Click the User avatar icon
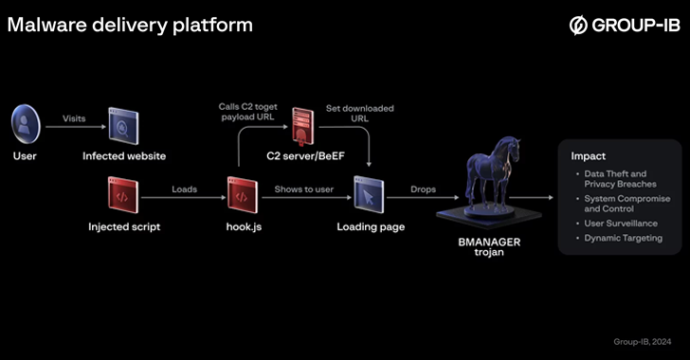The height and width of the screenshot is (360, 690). (x=26, y=123)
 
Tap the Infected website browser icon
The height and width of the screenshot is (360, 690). (x=123, y=124)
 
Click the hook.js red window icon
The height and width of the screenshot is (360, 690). (x=241, y=194)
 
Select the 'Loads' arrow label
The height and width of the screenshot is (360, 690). (x=184, y=189)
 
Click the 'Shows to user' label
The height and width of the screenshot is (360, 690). (x=304, y=189)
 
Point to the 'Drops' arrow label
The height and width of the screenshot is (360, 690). (x=423, y=189)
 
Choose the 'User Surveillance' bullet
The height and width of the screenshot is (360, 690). (x=620, y=223)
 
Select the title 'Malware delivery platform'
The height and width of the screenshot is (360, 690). (x=130, y=25)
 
